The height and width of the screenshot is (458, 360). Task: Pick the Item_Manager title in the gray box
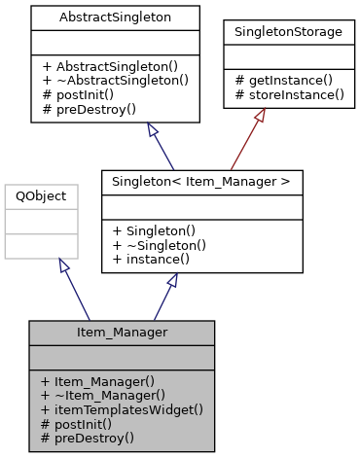pos(122,333)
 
